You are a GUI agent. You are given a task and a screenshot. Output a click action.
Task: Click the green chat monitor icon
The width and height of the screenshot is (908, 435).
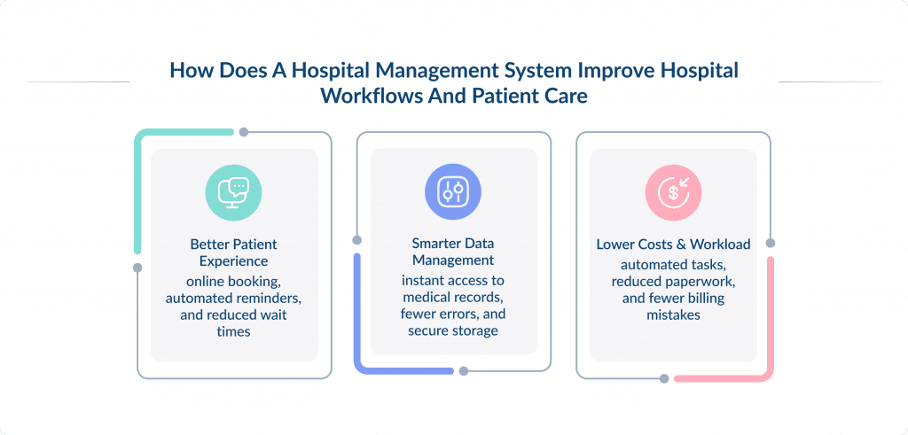(234, 191)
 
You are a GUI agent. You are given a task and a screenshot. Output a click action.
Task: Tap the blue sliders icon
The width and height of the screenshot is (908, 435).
(454, 191)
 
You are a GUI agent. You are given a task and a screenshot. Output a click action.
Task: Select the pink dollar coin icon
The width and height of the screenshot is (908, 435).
(673, 191)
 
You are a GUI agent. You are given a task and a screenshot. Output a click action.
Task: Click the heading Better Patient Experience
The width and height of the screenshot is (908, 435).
(234, 252)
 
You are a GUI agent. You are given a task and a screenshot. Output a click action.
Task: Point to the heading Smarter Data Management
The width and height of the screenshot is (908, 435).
(453, 252)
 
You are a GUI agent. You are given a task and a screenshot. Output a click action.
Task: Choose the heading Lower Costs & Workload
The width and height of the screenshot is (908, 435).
(673, 244)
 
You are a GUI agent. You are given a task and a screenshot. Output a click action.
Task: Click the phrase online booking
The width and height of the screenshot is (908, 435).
(234, 282)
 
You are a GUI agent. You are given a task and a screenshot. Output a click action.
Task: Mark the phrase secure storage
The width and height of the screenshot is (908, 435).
(453, 330)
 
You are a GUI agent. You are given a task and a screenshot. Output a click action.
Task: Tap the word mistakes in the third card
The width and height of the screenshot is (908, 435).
(673, 315)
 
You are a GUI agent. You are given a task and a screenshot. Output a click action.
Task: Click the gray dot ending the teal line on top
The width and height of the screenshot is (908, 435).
(243, 132)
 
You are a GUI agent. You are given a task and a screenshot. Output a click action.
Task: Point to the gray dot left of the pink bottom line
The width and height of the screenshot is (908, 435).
(664, 379)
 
